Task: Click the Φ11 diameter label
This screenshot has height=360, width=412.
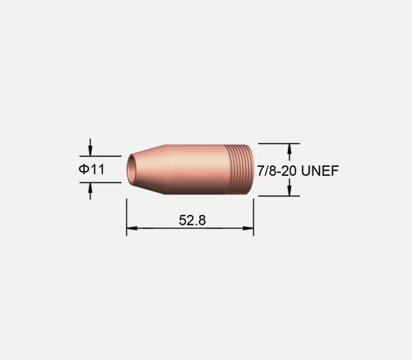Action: coord(91,169)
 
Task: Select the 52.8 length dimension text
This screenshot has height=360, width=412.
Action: coord(192,220)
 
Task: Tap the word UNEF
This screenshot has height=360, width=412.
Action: coord(320,171)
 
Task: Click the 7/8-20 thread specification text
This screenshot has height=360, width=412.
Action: coord(277,171)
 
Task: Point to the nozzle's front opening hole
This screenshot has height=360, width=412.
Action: coord(131,169)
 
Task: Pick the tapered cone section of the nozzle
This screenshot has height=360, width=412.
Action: coord(147,170)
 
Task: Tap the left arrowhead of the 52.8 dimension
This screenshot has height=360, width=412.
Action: coord(132,228)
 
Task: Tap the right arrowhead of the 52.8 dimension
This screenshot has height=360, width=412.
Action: coord(248,228)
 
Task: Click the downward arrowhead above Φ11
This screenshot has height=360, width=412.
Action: coord(91,151)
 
